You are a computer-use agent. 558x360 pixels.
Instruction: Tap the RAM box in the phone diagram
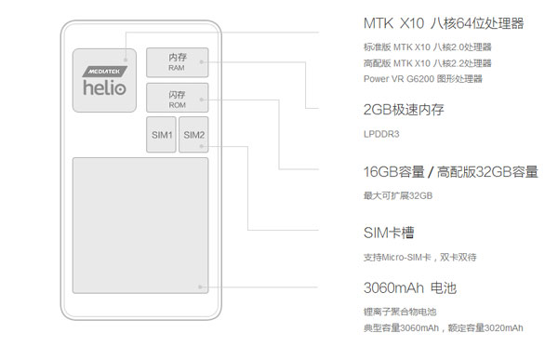(x=178, y=62)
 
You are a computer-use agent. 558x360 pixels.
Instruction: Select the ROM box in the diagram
(x=178, y=99)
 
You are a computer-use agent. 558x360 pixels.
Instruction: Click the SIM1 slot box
(x=162, y=136)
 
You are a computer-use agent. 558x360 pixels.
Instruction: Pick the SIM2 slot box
(x=194, y=136)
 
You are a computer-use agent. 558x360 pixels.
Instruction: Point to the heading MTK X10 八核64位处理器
(x=432, y=23)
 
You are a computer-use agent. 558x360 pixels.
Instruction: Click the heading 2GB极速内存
(x=404, y=110)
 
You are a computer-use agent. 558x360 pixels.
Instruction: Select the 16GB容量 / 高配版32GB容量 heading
(x=450, y=172)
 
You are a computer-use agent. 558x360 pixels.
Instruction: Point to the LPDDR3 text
(x=382, y=134)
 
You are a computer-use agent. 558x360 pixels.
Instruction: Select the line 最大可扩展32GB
(x=398, y=195)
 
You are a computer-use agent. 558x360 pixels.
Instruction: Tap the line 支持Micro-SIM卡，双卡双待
(x=420, y=257)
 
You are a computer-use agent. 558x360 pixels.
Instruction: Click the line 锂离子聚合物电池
(x=400, y=312)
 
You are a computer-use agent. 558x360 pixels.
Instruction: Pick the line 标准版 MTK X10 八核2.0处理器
(x=427, y=47)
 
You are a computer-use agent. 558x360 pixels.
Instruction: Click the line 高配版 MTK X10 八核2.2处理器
(x=427, y=62)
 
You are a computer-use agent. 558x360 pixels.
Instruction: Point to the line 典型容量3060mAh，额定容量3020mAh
(x=443, y=328)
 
